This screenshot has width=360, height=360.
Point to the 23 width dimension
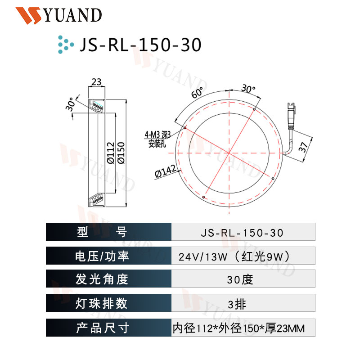(x=96, y=82)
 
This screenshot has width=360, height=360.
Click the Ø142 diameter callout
(x=165, y=171)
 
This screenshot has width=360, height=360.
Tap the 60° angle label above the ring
(x=197, y=94)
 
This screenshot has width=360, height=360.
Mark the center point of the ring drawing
(x=229, y=154)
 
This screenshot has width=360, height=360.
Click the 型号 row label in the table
(x=102, y=232)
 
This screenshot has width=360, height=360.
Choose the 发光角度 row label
(x=102, y=279)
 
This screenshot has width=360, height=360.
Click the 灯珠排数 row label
(x=102, y=303)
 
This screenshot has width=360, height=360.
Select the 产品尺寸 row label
(x=102, y=328)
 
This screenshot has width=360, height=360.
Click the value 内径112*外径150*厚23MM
(x=239, y=328)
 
